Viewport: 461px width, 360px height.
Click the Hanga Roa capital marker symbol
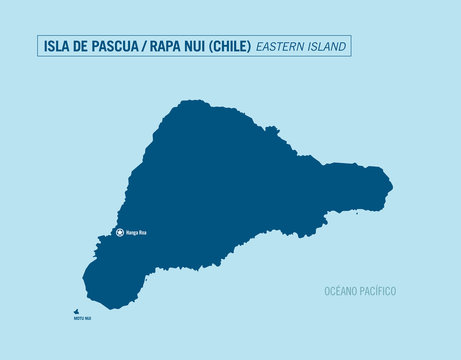(x=121, y=233)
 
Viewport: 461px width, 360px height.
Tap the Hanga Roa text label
(x=137, y=233)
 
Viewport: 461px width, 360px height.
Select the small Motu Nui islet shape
(x=75, y=311)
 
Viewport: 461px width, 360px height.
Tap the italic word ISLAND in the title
(x=329, y=46)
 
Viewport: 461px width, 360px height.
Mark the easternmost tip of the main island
(x=391, y=185)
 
